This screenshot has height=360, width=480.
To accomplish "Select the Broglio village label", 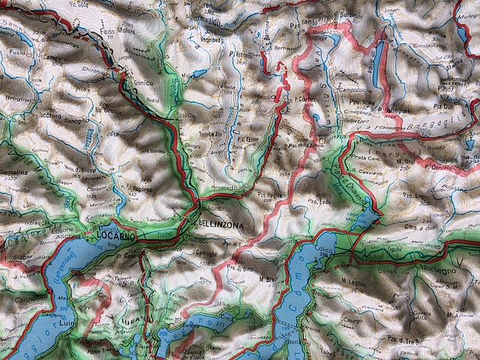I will pos(16,97).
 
